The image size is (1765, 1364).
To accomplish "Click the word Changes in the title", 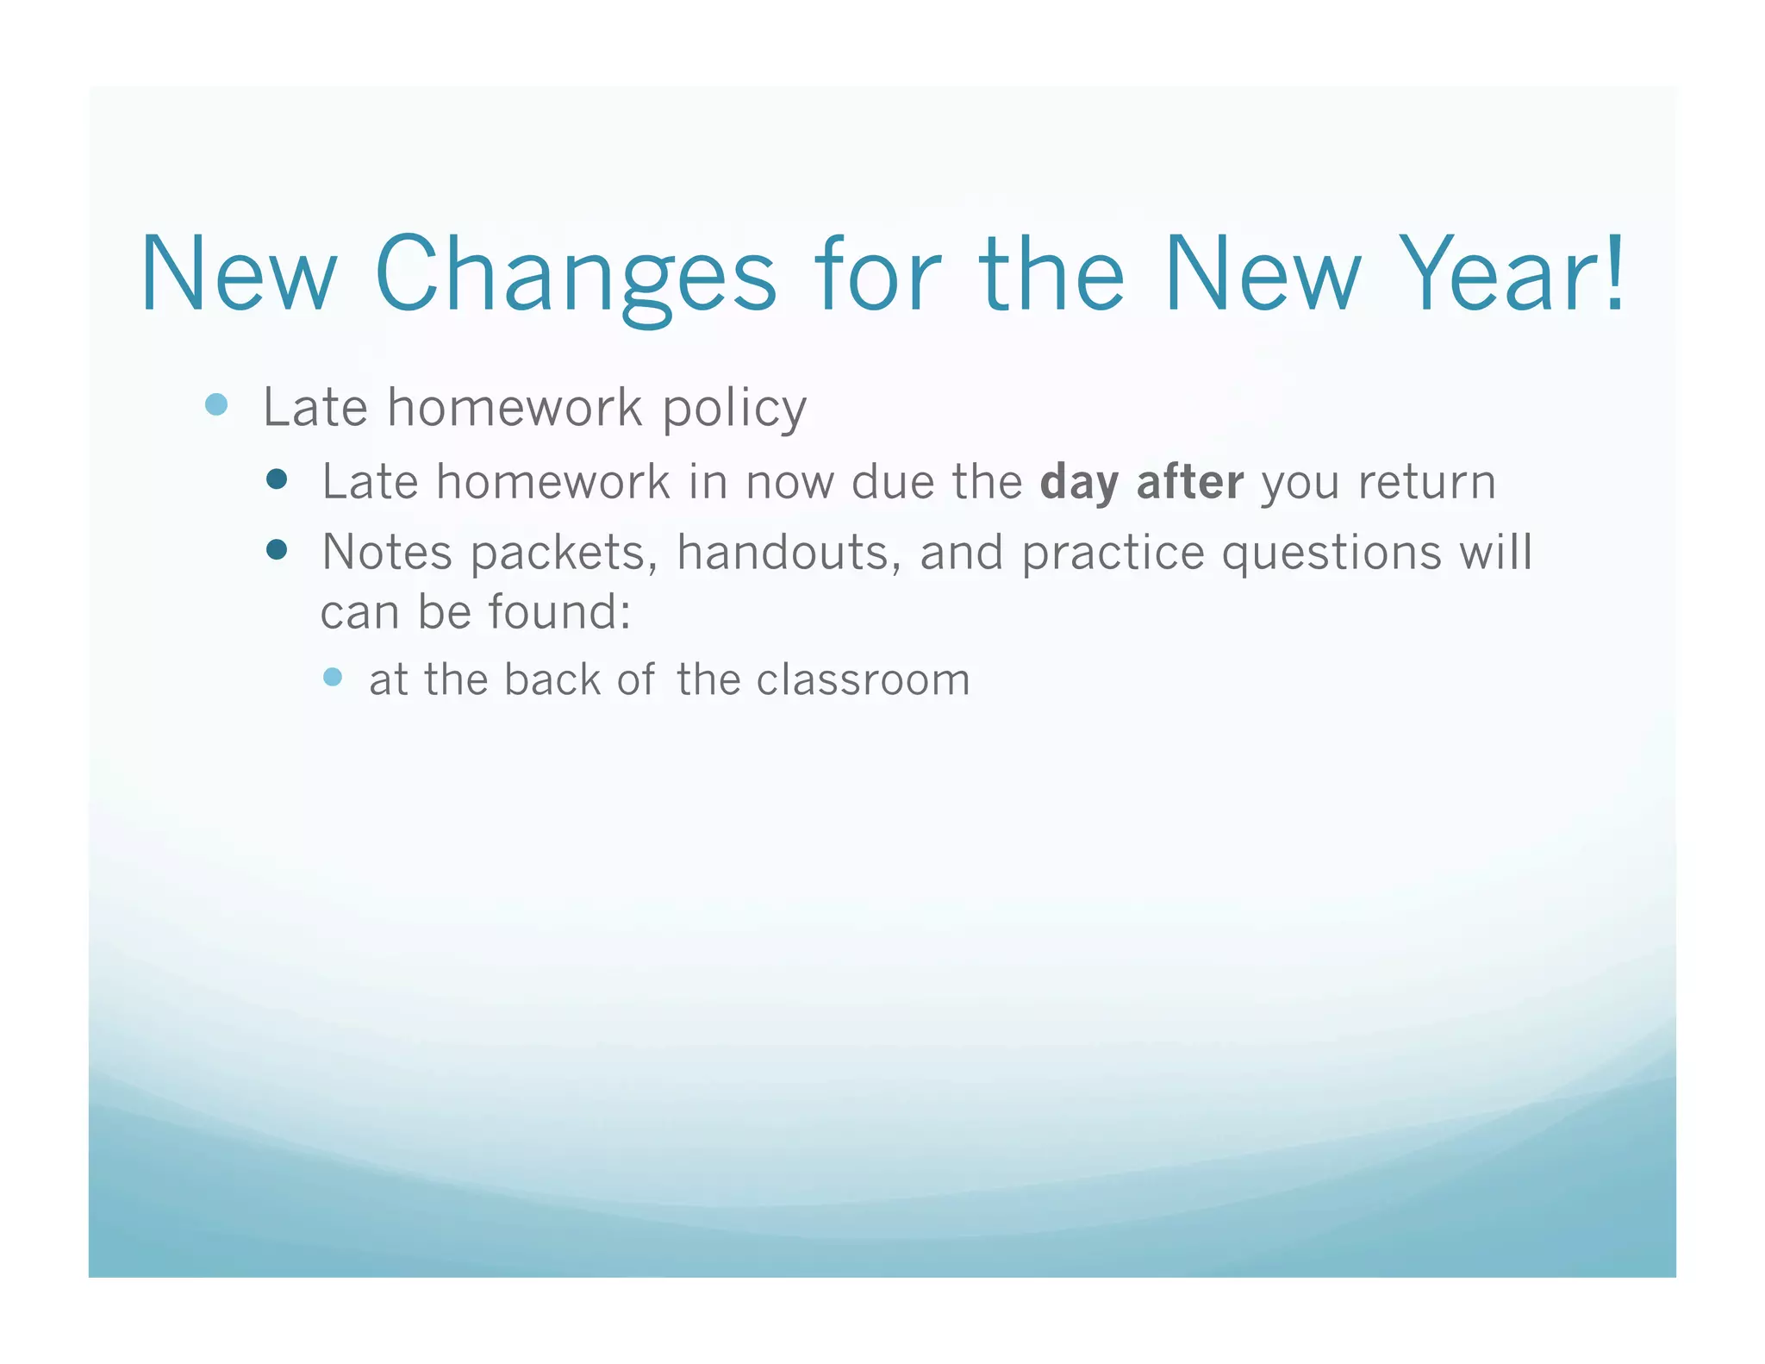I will point(576,274).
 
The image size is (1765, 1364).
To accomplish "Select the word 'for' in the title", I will point(877,274).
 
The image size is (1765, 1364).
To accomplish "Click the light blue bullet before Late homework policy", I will point(216,404).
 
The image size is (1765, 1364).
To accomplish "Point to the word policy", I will point(734,409).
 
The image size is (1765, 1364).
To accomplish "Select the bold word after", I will point(1189,481).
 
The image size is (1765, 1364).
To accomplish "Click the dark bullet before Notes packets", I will point(277,550).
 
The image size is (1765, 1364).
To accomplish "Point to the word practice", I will point(1113,554).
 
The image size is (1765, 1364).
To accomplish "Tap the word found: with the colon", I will point(560,612).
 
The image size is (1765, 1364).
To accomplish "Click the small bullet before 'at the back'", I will point(333,677).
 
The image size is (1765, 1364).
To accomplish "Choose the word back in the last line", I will point(552,679).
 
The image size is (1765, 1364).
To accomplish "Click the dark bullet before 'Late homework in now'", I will point(277,479).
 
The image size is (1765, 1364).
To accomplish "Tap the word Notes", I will point(386,552).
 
